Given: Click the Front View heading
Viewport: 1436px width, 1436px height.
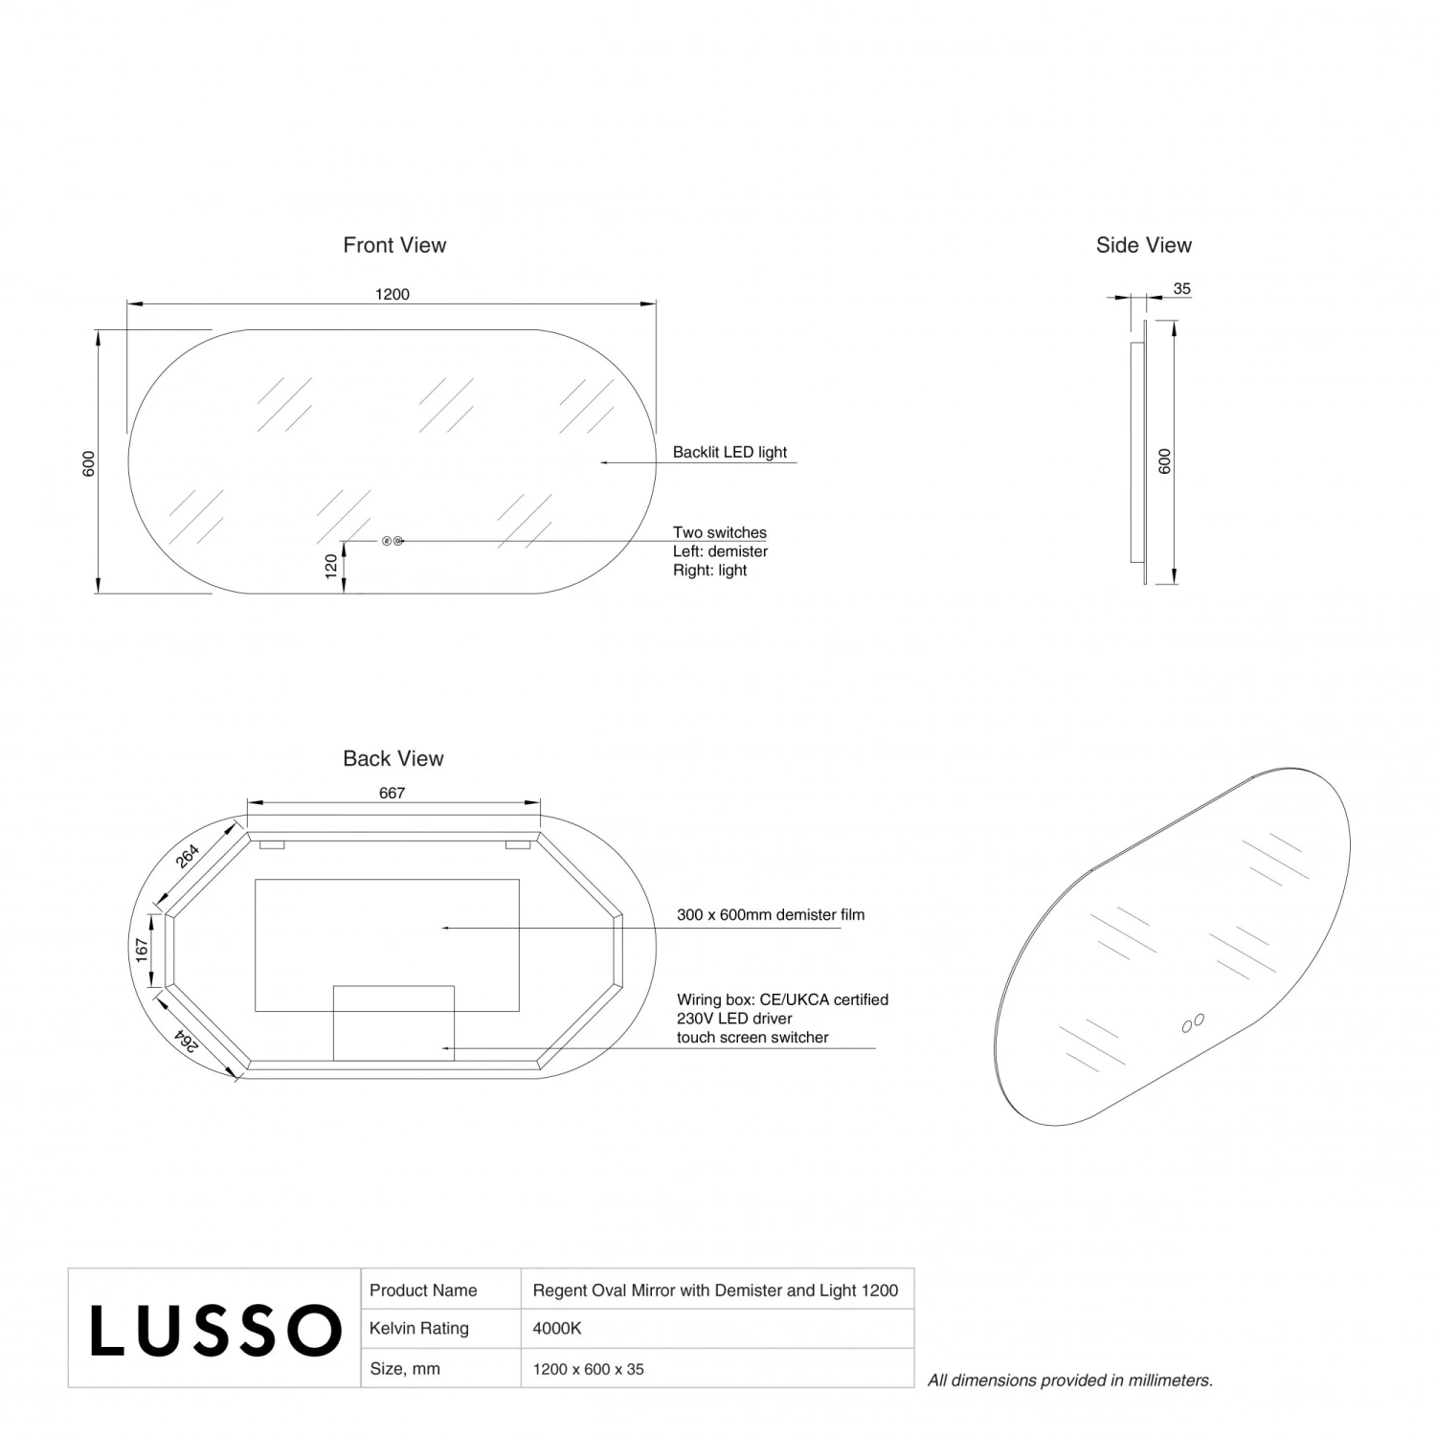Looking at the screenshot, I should tap(394, 245).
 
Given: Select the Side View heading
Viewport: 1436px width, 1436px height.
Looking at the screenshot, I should tap(1143, 245).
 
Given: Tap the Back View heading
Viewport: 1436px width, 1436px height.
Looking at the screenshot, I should tap(393, 758).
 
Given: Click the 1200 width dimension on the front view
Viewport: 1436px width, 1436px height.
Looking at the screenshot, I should tap(393, 294).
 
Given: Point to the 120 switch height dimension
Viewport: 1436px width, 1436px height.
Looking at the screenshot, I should tap(332, 566).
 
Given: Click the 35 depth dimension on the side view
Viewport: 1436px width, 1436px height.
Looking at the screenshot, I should tap(1181, 288).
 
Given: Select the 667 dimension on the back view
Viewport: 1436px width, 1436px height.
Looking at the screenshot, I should tap(392, 793).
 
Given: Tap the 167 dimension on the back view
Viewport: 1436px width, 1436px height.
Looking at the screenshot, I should tap(142, 950).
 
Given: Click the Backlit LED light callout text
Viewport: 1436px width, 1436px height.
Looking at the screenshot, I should tap(729, 452).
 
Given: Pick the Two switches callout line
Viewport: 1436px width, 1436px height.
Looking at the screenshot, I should tap(719, 532).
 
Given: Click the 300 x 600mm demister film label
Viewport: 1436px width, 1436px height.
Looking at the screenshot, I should tap(771, 914).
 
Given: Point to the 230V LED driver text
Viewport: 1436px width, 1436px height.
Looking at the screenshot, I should tap(734, 1019).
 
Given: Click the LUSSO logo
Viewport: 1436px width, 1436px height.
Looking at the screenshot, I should tap(215, 1330).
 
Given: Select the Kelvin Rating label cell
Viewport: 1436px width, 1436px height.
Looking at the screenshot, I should tap(419, 1328).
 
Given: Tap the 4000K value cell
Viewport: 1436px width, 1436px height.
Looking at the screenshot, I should tap(557, 1328).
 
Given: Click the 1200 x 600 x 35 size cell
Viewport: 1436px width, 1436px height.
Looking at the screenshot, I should tap(588, 1369).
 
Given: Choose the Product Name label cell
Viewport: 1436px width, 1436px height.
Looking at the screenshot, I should tap(423, 1290).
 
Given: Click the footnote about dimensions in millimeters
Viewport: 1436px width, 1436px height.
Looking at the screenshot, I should tap(1069, 1380).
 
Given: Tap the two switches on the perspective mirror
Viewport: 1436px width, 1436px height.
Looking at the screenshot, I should tap(1193, 1023).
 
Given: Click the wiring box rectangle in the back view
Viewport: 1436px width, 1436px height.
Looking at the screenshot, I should tap(393, 1022).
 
